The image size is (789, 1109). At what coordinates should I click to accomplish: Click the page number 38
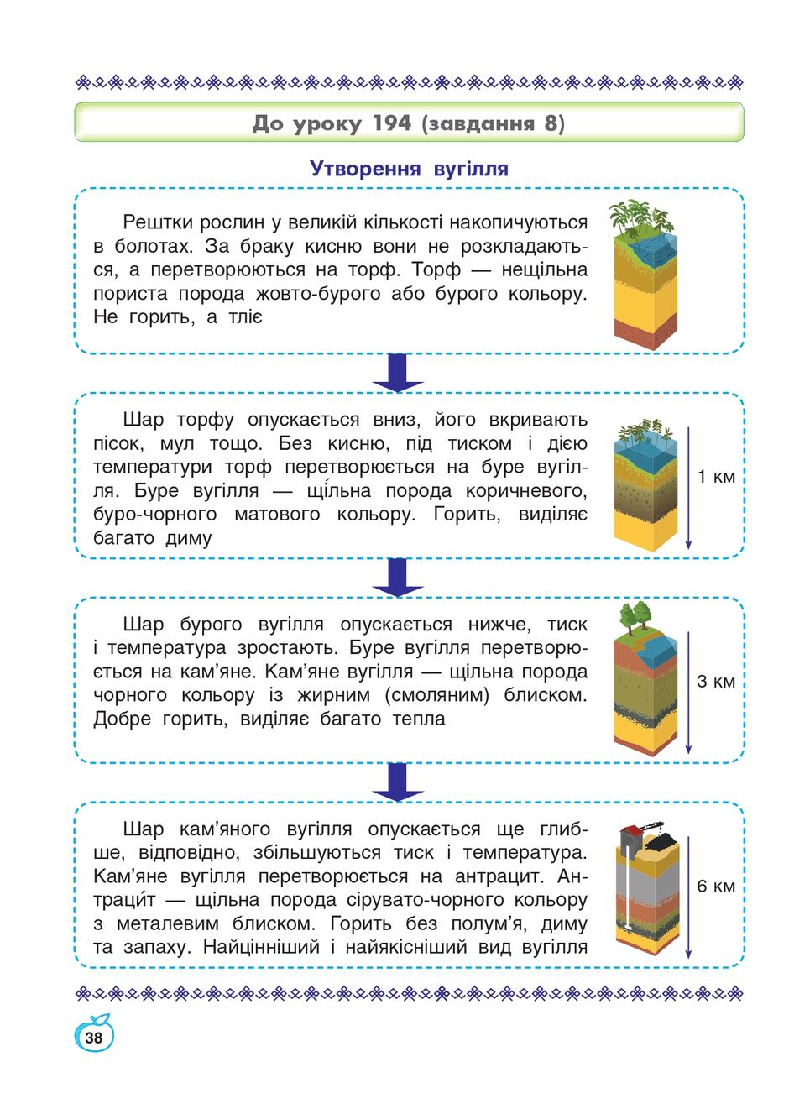click(x=93, y=1037)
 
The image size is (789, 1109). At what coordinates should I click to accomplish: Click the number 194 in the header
click(x=392, y=123)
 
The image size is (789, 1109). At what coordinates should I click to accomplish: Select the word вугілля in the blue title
click(x=471, y=169)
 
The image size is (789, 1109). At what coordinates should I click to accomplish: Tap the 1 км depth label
click(x=716, y=477)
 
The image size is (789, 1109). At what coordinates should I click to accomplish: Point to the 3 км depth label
click(x=716, y=681)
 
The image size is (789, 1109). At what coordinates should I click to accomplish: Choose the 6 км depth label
click(x=716, y=887)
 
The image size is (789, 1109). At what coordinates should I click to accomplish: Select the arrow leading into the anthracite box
click(x=398, y=782)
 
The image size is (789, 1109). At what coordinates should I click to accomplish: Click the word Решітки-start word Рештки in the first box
click(x=158, y=222)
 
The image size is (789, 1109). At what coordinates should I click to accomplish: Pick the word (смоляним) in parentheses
click(x=437, y=695)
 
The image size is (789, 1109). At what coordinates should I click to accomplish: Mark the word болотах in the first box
click(x=154, y=246)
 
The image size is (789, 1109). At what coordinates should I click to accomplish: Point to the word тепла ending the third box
click(x=419, y=719)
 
